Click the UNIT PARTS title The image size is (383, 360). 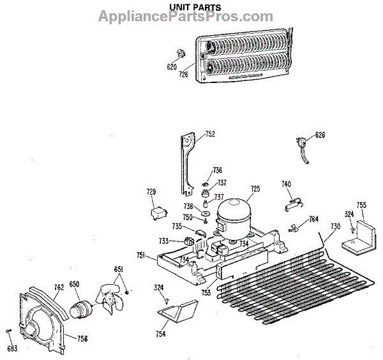click(195, 7)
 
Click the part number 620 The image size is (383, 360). click(172, 66)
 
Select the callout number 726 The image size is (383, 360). click(183, 75)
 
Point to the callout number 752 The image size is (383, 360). click(210, 134)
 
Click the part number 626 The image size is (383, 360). click(320, 135)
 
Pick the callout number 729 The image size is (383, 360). click(151, 191)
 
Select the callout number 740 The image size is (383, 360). click(287, 184)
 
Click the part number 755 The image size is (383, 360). click(361, 205)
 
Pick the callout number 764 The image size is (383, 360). click(313, 219)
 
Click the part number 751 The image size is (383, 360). click(141, 255)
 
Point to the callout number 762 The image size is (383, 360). click(58, 287)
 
